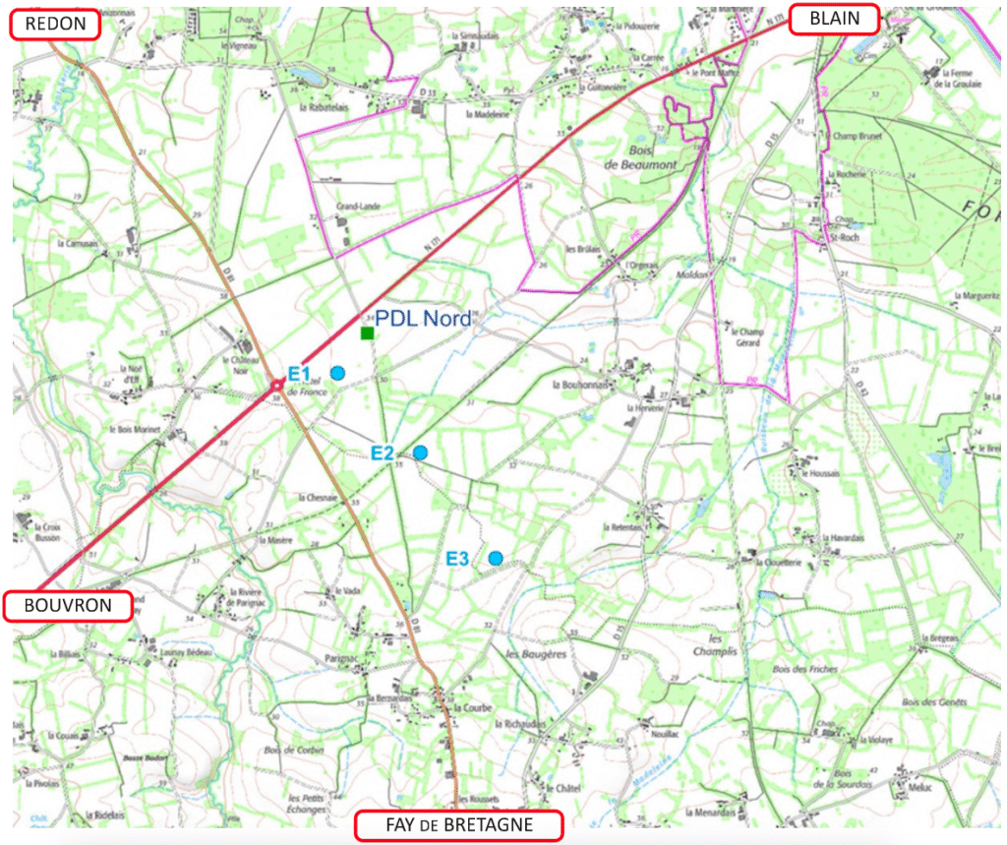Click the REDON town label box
point(55,25)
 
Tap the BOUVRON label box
point(68,605)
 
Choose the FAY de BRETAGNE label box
point(459,823)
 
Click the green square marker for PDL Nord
point(367,334)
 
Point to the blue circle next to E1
point(337,373)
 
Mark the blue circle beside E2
point(420,453)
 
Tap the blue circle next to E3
point(497,559)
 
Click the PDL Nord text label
point(424,319)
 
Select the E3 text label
point(457,559)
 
